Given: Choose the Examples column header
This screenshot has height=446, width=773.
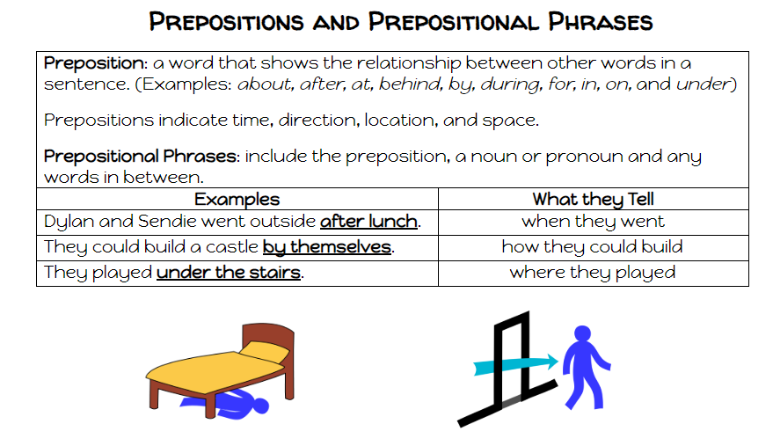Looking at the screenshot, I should (x=237, y=200).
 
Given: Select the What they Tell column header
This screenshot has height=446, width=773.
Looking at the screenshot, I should (x=593, y=200).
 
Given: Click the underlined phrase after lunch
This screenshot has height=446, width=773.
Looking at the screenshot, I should (x=368, y=222).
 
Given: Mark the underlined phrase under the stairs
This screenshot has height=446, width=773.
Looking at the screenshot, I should (x=229, y=273).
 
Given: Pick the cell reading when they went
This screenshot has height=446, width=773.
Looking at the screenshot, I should (x=593, y=222).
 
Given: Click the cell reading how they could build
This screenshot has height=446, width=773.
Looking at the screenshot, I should (x=593, y=247).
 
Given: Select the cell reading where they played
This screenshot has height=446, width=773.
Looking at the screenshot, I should (x=593, y=273).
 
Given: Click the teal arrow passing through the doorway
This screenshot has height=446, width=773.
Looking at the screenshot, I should (x=514, y=363).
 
